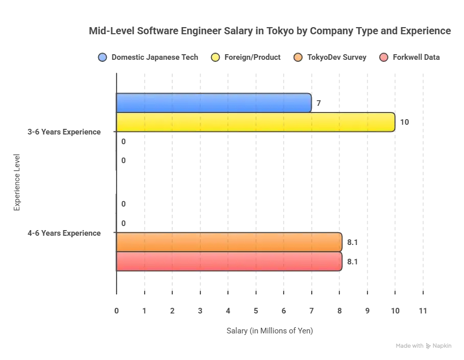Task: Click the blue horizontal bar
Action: pos(214,103)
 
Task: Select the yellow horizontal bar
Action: pos(256,122)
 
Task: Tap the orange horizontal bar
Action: pos(229,241)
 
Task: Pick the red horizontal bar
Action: pos(229,261)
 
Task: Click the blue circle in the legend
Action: pos(103,57)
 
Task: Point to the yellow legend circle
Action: pos(215,57)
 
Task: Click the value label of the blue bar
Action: pos(318,103)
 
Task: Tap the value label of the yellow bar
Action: pos(403,123)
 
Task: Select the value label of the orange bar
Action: pos(351,242)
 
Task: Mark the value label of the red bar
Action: pos(351,261)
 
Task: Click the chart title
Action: pos(270,32)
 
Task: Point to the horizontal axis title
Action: pos(270,331)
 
